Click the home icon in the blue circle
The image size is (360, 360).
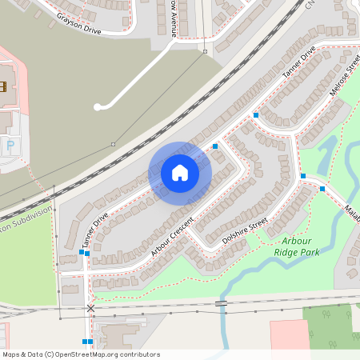click(x=180, y=173)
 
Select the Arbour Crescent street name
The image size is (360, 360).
click(x=173, y=235)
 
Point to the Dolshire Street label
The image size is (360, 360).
click(x=246, y=228)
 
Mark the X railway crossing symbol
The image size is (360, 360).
click(x=90, y=308)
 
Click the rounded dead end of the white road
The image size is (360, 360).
click(x=98, y=106)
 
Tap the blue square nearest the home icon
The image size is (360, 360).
click(x=214, y=146)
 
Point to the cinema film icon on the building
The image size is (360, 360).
click(x=2, y=86)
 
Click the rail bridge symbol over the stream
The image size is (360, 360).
click(x=221, y=303)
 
